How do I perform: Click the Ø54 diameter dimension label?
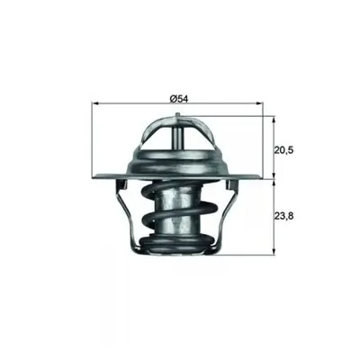[x=179, y=99]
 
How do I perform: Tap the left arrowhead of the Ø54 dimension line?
[x=94, y=103]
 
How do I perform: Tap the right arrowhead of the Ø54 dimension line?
[x=259, y=103]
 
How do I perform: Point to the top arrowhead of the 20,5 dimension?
[x=274, y=120]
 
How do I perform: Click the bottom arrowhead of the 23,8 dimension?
[x=274, y=252]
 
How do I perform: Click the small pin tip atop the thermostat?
[x=177, y=114]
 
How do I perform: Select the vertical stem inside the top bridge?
[x=177, y=138]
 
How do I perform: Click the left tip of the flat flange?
[x=94, y=176]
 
